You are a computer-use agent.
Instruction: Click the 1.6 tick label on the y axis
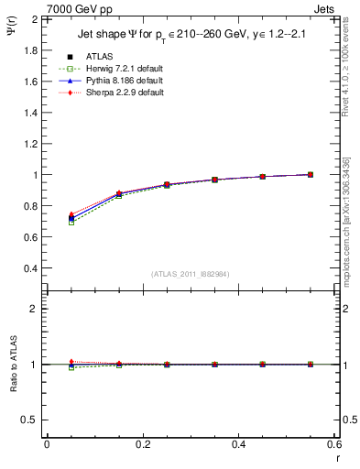pyautogui.click(x=30, y=82)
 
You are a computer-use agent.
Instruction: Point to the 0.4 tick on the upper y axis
pyautogui.click(x=30, y=268)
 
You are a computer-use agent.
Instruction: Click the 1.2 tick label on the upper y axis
pyautogui.click(x=30, y=144)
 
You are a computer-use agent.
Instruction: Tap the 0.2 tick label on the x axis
pyautogui.click(x=142, y=444)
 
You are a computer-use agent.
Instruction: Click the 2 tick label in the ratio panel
pyautogui.click(x=34, y=309)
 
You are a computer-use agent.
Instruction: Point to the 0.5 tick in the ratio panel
pyautogui.click(x=30, y=420)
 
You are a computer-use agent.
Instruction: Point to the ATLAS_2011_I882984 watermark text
pyautogui.click(x=190, y=274)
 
